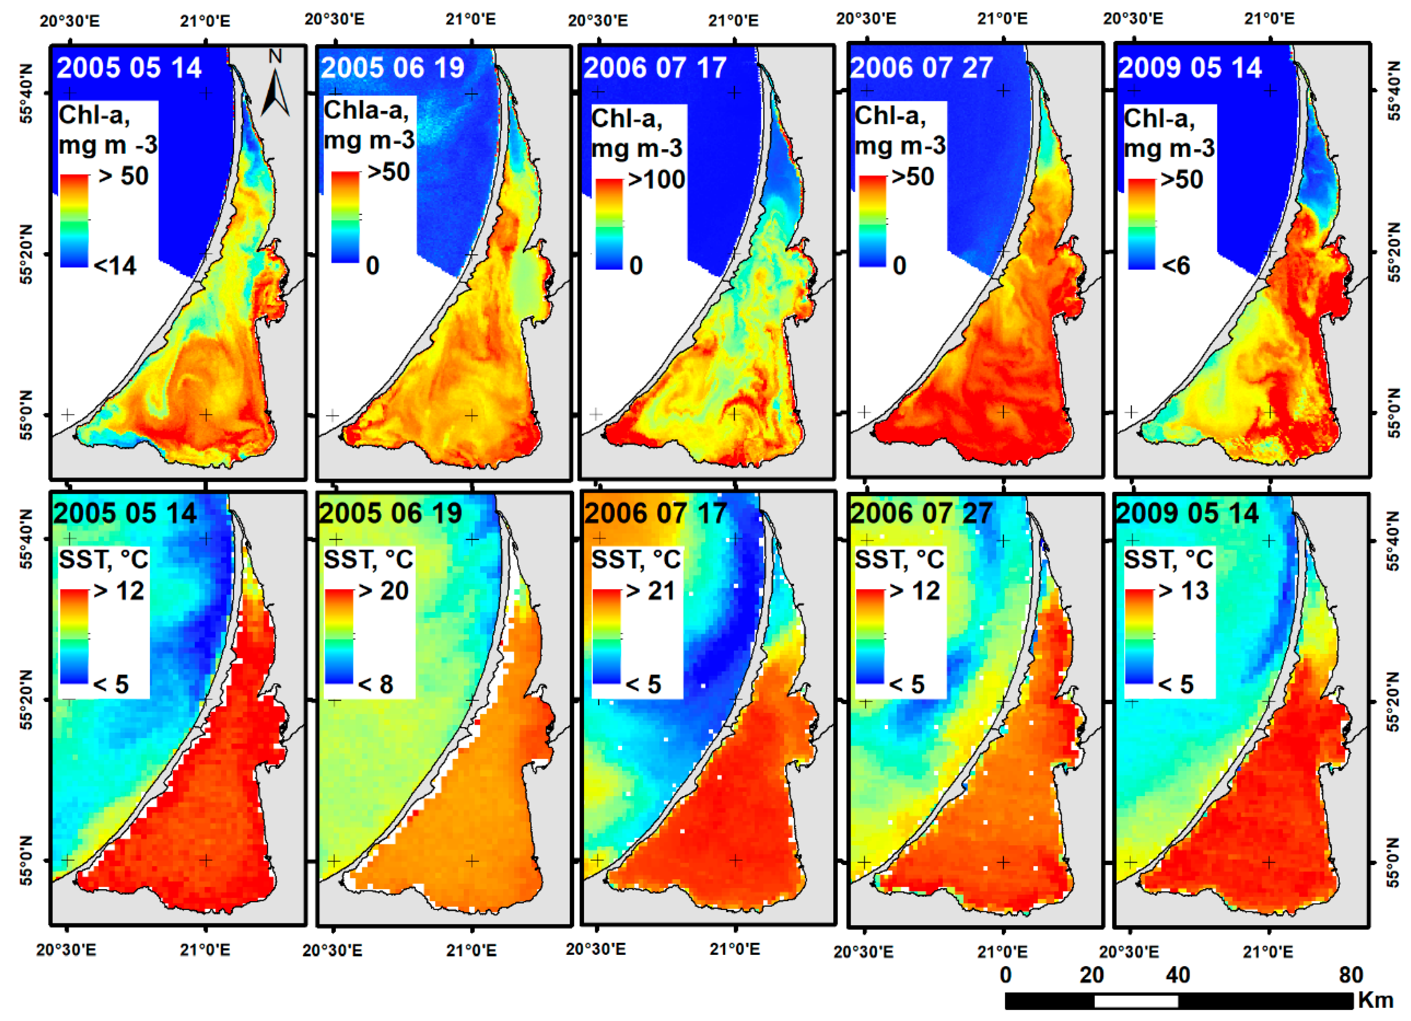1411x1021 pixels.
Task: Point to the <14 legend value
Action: coord(115,266)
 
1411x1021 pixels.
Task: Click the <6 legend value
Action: coord(1176,266)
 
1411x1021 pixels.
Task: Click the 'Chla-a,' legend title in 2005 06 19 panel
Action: coord(366,111)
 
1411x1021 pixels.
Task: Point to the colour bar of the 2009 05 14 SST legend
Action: coord(1140,636)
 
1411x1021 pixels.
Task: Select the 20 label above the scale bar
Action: coord(1092,975)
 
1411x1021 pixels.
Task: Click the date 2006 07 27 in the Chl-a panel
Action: coord(922,68)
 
